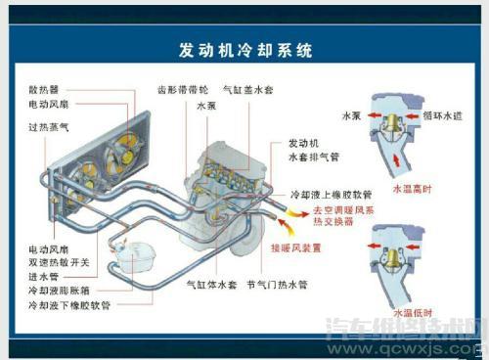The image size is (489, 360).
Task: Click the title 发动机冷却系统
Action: point(245,50)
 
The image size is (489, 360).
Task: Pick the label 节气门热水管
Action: point(276,285)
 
